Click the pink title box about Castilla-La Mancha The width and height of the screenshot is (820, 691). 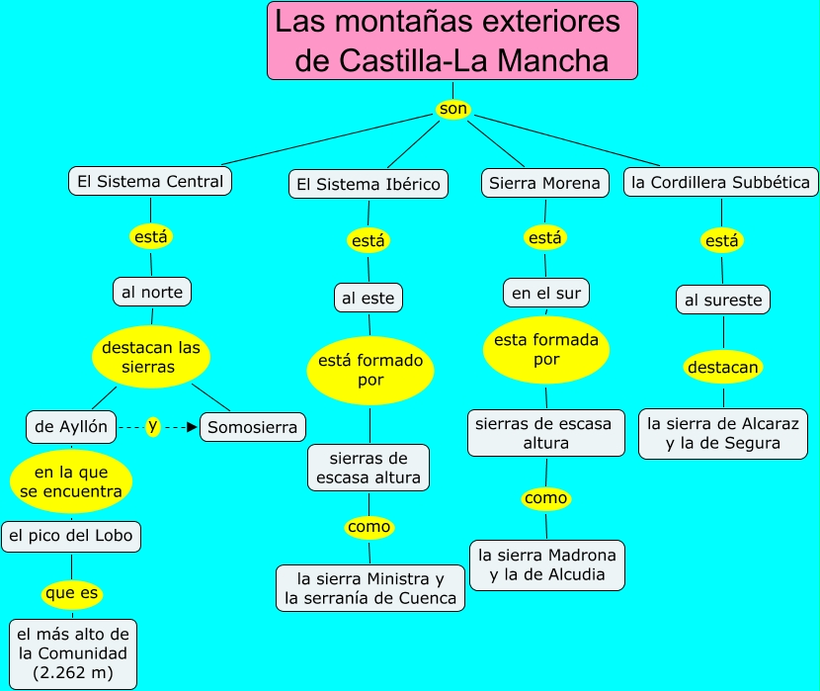pos(451,41)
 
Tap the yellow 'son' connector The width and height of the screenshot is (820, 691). pos(452,108)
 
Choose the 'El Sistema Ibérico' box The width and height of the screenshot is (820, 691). pos(369,184)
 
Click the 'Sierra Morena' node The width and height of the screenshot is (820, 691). pos(544,183)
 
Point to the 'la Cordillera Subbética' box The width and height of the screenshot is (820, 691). pos(720,182)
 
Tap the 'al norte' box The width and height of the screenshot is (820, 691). pos(151,292)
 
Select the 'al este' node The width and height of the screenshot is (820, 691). pos(369,298)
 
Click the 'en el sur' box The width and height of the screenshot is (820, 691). pos(545,293)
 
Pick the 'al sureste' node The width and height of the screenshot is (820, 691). pos(723,300)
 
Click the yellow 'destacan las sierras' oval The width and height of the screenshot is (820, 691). pos(151,357)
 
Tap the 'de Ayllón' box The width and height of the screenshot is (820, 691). pos(71,427)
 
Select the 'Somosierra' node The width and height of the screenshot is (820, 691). pos(253,427)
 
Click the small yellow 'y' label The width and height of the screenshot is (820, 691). pos(152,426)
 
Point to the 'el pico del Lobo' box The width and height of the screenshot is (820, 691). pos(71,537)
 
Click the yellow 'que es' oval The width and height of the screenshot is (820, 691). pos(72,595)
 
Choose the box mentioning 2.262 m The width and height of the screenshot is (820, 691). pos(72,653)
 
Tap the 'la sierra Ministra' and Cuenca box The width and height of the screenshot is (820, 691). pos(370,587)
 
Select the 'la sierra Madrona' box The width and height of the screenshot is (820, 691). pos(546,565)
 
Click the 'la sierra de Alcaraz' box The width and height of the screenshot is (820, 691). pos(723,433)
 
